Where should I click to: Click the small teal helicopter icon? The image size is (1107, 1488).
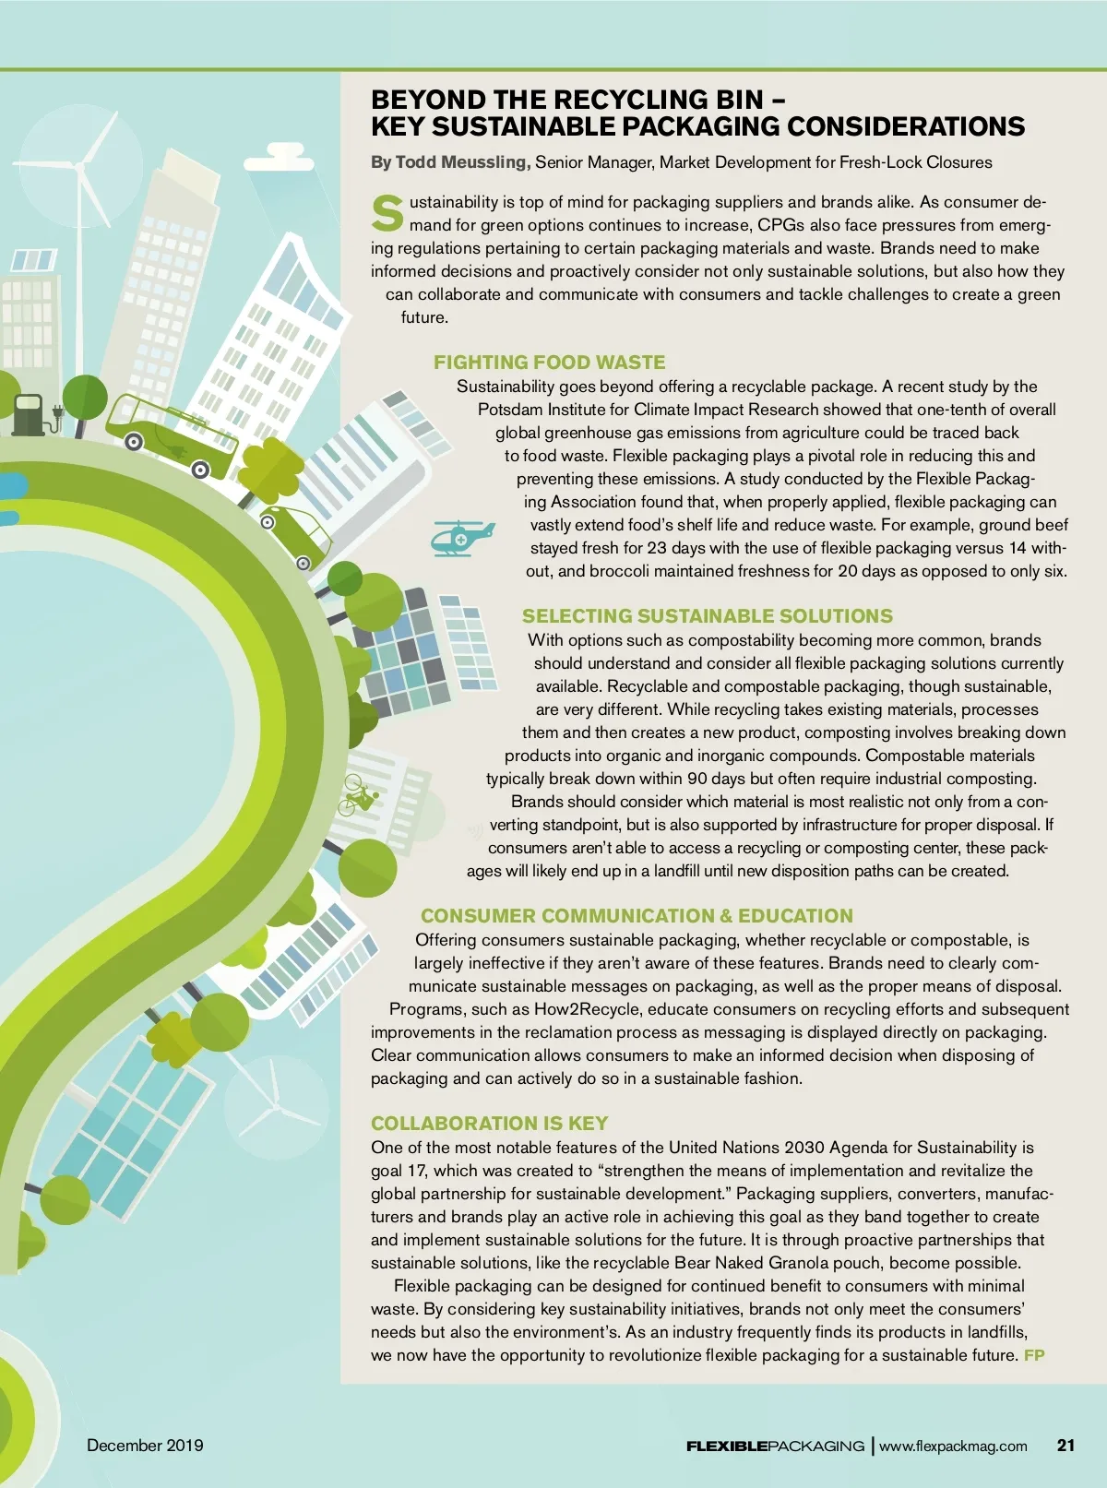[x=462, y=537]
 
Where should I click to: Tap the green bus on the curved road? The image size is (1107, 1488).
[x=172, y=434]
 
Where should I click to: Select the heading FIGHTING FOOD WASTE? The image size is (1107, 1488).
[x=549, y=363]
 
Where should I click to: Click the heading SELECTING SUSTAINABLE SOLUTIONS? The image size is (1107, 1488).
[x=708, y=616]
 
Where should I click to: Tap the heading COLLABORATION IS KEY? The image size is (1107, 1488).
[x=489, y=1124]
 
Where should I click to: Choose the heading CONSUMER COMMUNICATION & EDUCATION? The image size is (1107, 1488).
[x=637, y=916]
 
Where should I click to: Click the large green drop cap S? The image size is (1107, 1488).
[x=387, y=213]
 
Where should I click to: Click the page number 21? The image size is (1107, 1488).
[x=1065, y=1446]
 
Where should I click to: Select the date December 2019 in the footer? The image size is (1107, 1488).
[x=145, y=1446]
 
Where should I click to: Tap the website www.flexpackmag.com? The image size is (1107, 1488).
[x=953, y=1446]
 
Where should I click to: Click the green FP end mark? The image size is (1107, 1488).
[x=1034, y=1355]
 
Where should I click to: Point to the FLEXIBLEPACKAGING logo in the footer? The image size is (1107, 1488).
[x=775, y=1446]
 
